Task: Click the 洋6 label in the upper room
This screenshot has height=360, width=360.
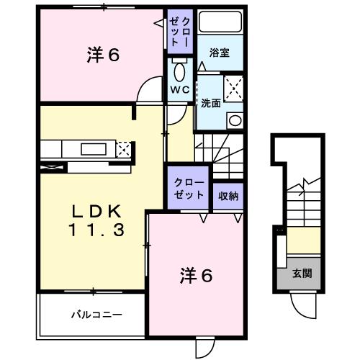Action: coord(102,56)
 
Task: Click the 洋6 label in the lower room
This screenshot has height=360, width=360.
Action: coord(197,276)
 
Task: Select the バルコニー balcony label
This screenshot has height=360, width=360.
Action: coord(96,315)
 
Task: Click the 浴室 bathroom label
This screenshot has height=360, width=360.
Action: coord(220,53)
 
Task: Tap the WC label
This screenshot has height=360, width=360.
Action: coord(179,89)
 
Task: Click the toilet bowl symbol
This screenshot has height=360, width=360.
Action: coord(179,72)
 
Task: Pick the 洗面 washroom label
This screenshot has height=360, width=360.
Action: coord(211,102)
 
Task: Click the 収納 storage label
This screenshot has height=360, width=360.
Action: coord(229,194)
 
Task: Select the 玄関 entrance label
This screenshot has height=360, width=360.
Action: coord(302,274)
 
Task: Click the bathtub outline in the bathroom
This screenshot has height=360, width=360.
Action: coord(220,26)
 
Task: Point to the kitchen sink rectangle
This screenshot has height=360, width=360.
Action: coord(92,149)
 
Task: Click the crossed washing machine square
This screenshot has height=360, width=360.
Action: coord(233,89)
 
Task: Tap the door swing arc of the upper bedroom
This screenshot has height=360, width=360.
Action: coord(149,94)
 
